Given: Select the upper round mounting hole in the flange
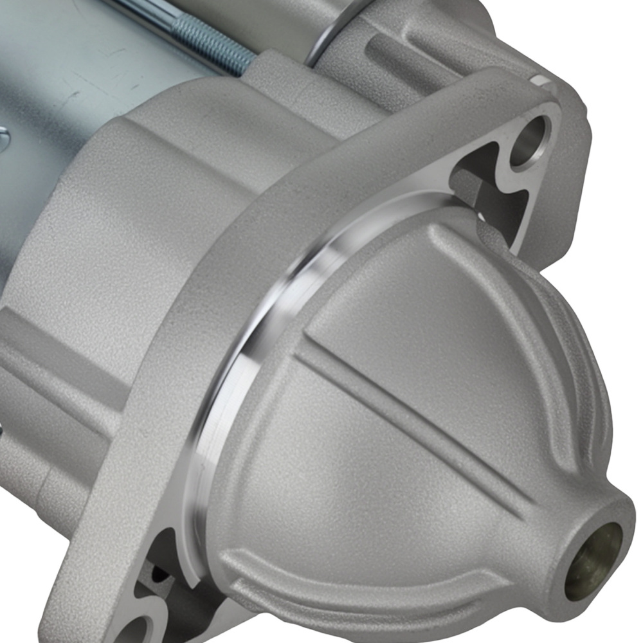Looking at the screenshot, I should click(531, 139).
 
